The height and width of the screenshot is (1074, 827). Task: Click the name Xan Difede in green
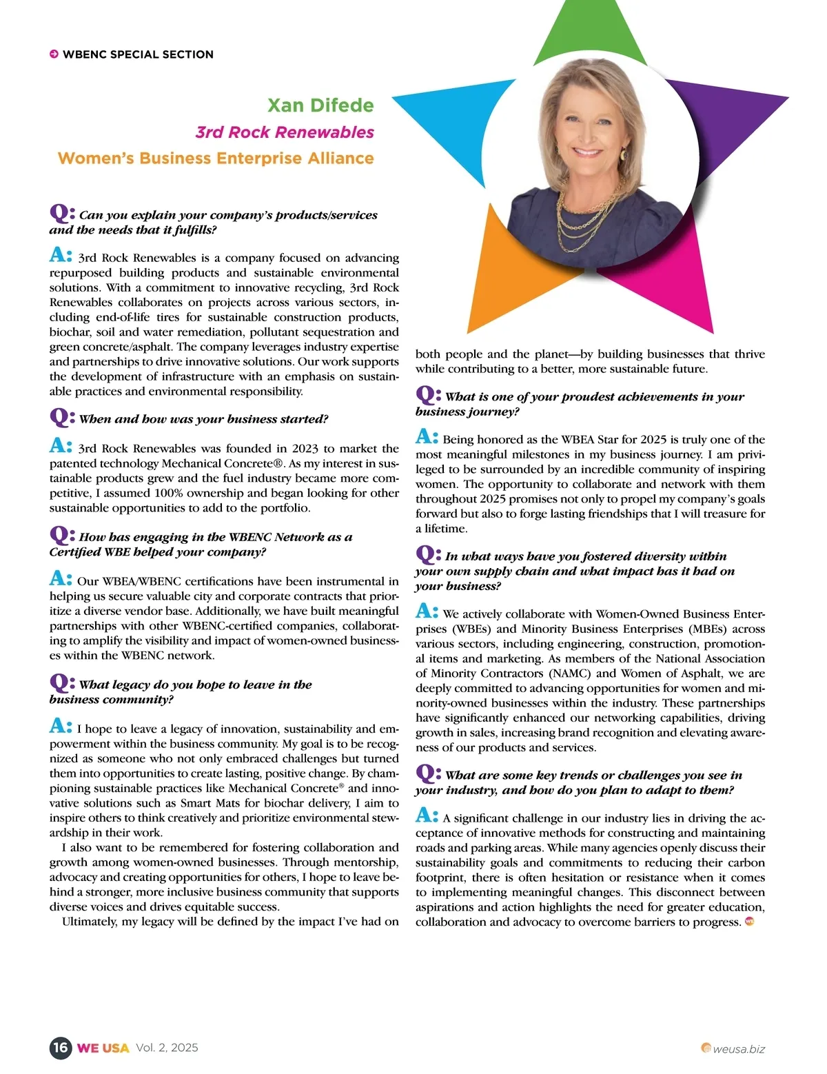[x=320, y=105]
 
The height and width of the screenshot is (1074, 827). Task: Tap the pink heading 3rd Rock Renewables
[x=285, y=132]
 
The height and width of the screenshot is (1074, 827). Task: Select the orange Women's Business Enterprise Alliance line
[x=216, y=159]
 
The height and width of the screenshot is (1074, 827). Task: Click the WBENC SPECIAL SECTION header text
[x=138, y=54]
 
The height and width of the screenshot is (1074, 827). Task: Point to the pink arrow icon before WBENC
[x=54, y=54]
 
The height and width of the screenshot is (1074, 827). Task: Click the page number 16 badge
[x=61, y=1048]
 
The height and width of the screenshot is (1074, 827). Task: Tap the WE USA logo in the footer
[x=103, y=1048]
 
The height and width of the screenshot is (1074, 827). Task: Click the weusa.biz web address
[x=739, y=1049]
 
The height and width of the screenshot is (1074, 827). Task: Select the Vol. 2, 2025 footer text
[x=167, y=1048]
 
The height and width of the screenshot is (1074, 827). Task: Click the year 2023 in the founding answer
[x=305, y=449]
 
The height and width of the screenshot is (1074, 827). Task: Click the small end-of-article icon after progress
[x=750, y=921]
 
